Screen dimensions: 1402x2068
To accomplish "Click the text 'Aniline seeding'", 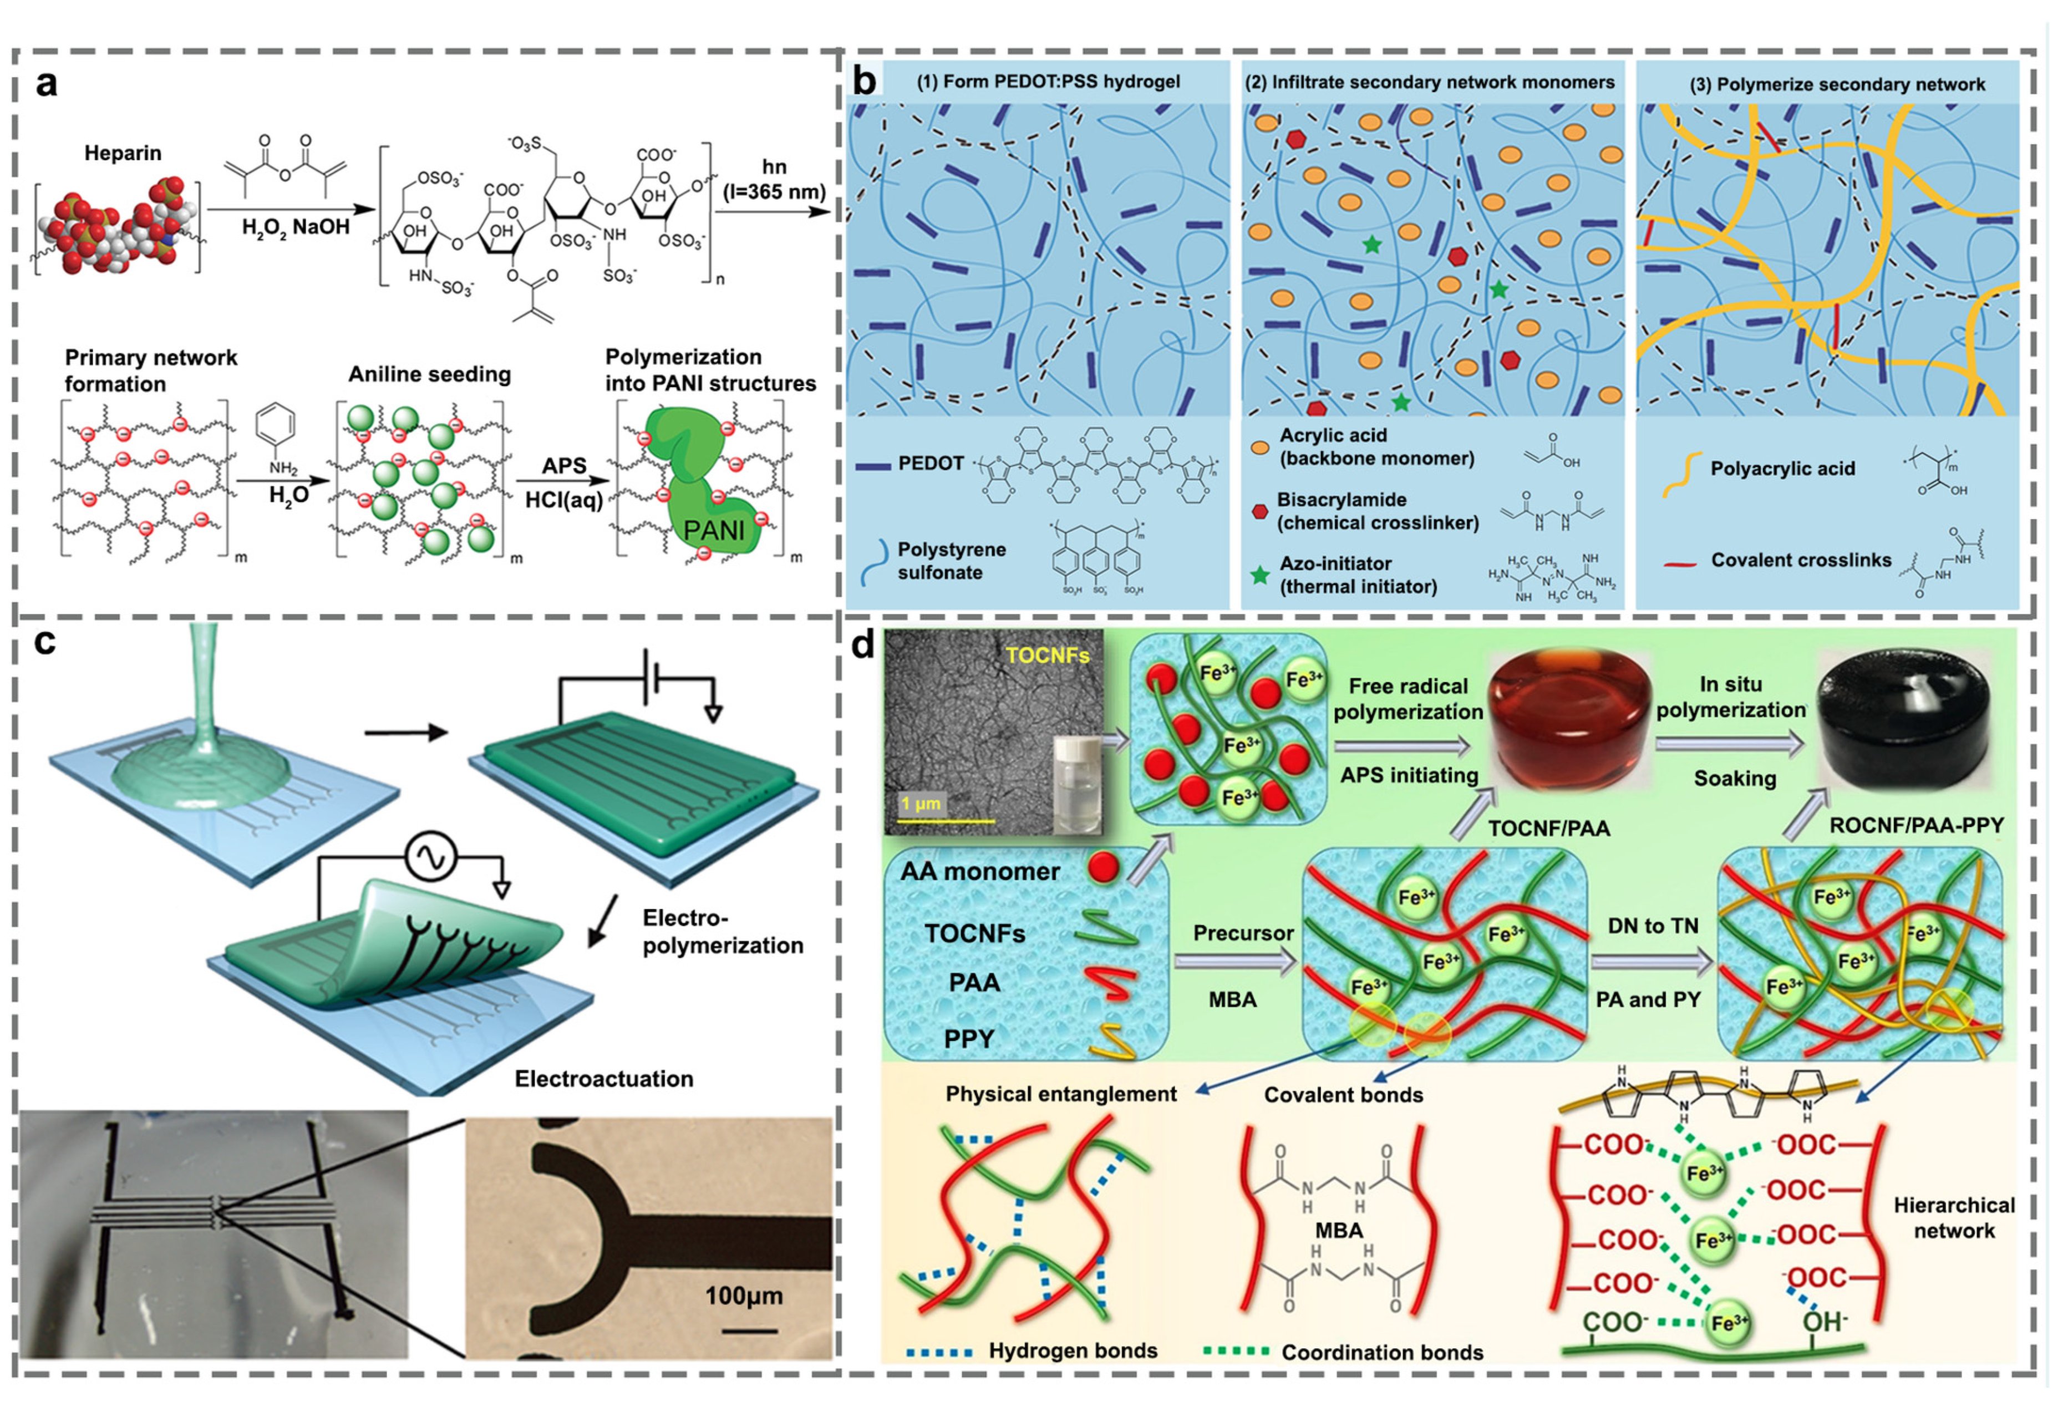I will (x=430, y=374).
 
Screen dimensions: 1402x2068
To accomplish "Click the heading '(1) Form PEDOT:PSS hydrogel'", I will (x=1048, y=82).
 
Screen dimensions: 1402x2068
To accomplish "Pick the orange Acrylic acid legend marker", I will (x=1259, y=446).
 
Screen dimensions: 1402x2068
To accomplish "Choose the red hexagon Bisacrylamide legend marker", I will (x=1259, y=511).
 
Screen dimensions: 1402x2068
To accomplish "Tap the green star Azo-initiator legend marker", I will (x=1259, y=575).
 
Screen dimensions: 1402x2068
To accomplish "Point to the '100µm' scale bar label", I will (x=744, y=1296).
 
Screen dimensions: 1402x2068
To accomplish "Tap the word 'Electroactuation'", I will (x=603, y=1079).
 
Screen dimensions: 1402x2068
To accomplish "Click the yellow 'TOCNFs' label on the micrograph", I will (x=1048, y=656).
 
